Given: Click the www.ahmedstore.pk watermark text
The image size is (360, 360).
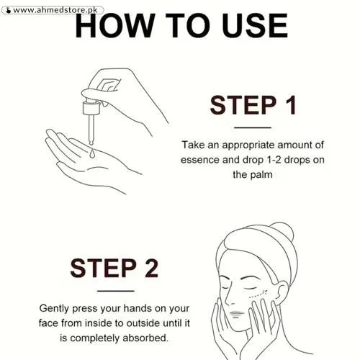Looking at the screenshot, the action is point(55,10).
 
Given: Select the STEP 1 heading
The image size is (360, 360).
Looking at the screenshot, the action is point(253,105).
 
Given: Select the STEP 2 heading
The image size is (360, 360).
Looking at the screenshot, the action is point(114,268).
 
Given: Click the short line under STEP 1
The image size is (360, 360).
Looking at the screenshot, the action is point(253,127).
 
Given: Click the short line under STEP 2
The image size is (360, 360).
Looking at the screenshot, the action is point(116,291).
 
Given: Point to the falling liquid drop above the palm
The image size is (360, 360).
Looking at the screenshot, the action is point(91,154).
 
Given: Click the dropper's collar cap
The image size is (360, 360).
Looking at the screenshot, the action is point(91,108).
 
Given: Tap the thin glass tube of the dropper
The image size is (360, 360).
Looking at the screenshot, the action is point(91,130).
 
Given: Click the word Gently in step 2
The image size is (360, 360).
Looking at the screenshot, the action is point(54,309).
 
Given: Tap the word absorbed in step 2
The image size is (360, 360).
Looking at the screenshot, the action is point(145,338).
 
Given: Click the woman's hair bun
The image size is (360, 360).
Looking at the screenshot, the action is point(282,231).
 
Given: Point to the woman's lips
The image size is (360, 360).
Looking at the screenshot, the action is point(237,314).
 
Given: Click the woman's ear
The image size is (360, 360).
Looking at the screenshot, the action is point(282,293).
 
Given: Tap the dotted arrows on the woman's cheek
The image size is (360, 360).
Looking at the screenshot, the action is point(258,294).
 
